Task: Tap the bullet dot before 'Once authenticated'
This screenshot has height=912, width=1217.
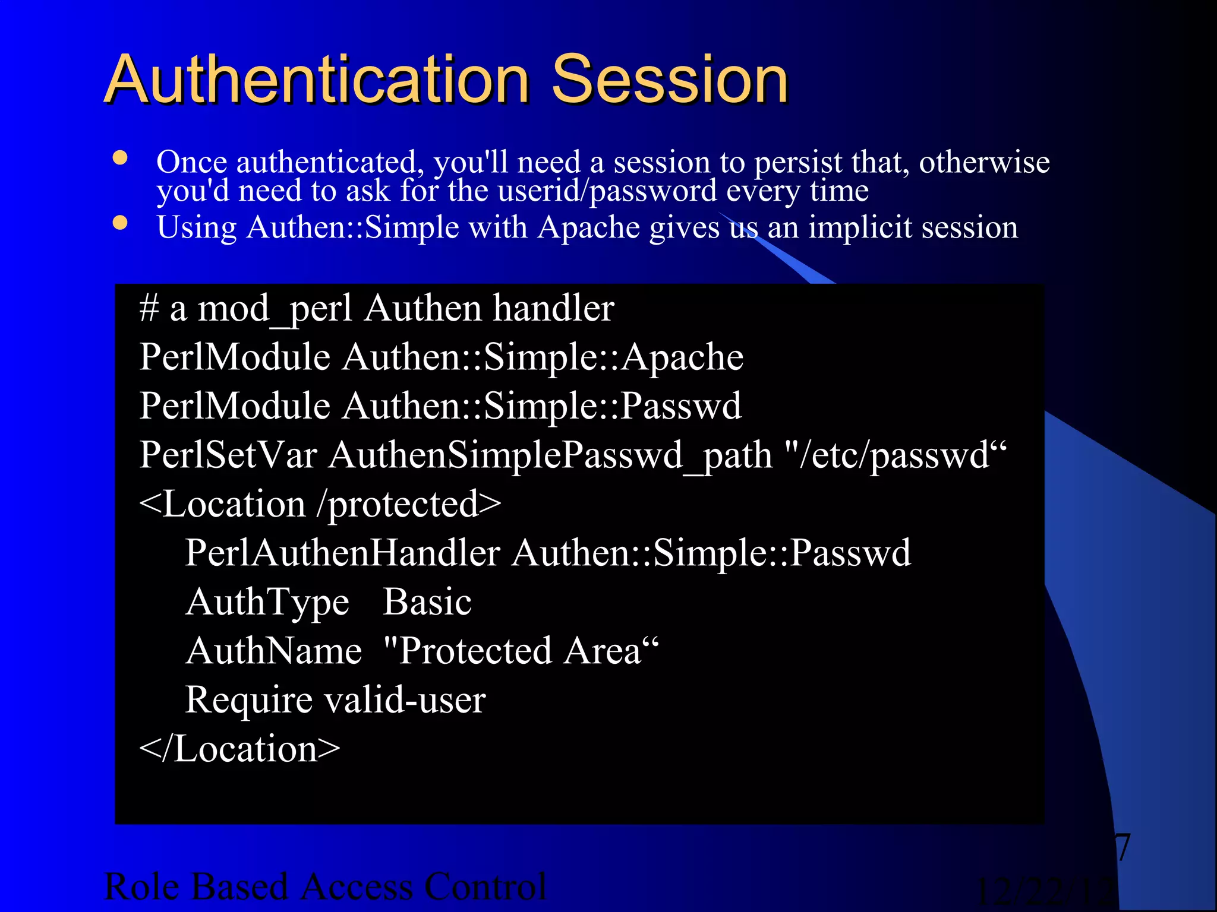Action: (x=121, y=158)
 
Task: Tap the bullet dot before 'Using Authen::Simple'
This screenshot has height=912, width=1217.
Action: (x=121, y=223)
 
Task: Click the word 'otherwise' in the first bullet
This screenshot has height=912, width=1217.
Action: (x=984, y=162)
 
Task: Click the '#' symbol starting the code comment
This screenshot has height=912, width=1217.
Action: (x=149, y=309)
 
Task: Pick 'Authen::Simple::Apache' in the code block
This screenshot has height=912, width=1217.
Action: (x=543, y=357)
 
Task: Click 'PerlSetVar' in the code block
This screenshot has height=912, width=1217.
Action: (x=228, y=455)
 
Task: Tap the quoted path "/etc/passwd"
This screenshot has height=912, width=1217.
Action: (x=896, y=455)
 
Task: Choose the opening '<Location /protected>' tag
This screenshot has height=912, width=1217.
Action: (x=320, y=505)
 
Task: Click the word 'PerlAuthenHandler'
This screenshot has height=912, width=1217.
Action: (x=342, y=553)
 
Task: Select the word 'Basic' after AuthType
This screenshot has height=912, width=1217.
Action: (x=427, y=602)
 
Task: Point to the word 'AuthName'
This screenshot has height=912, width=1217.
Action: (x=273, y=651)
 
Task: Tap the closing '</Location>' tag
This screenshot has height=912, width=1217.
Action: (x=239, y=749)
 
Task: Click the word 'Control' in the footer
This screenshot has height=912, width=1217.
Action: (x=484, y=886)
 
